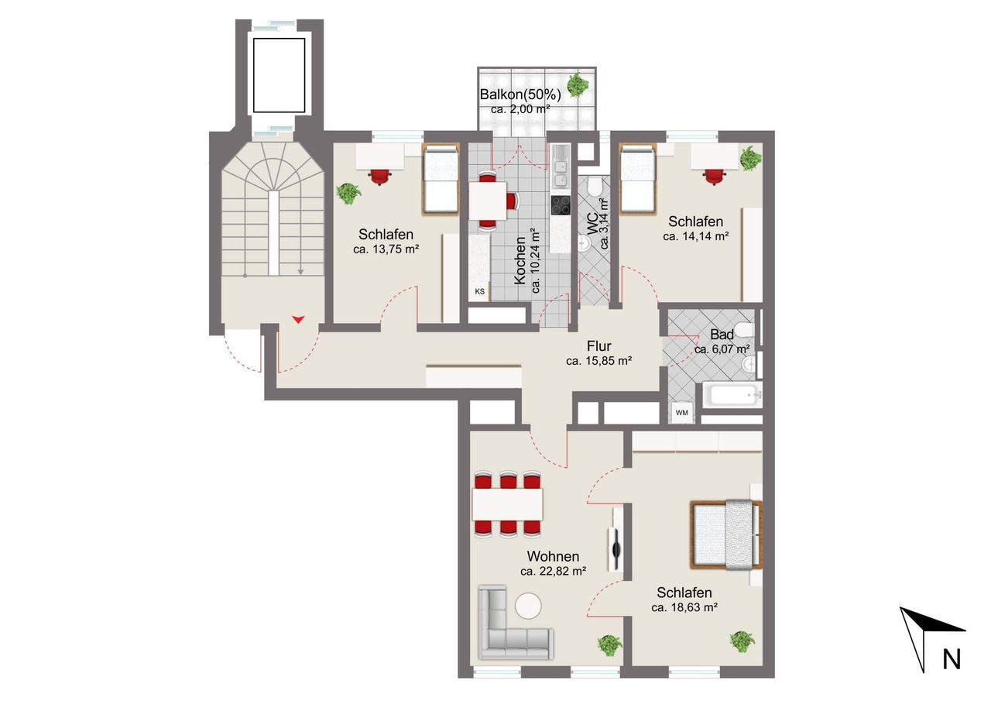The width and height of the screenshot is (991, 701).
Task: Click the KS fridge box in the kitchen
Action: tap(479, 291)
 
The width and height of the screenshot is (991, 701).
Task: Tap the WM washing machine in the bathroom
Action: tap(682, 412)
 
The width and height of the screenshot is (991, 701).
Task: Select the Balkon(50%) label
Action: tap(520, 94)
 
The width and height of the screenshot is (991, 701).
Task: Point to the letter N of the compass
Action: tap(952, 659)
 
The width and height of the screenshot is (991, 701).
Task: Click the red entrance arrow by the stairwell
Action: tap(299, 319)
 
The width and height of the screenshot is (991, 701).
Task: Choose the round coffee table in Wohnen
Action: tap(528, 606)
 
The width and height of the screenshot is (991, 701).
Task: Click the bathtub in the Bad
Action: tap(732, 393)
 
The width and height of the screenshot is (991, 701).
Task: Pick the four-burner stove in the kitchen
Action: tap(561, 205)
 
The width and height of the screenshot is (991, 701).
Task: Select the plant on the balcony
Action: tap(578, 84)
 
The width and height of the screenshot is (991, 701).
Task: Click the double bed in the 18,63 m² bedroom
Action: tap(726, 534)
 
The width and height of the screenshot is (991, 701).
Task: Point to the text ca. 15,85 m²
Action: tap(598, 361)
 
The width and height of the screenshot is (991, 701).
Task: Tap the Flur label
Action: tap(599, 345)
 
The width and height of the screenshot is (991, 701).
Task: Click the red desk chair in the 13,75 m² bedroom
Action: tap(379, 177)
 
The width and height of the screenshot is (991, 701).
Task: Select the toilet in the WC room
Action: tap(594, 187)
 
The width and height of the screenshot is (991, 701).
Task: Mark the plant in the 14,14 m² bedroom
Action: tap(750, 158)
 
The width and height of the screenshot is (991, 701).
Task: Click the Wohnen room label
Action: tap(553, 556)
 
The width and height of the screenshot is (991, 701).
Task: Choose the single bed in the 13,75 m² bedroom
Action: tap(441, 179)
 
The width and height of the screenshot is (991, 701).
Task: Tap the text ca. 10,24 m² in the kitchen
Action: tap(536, 261)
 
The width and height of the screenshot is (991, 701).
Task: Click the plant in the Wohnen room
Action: tap(609, 645)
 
